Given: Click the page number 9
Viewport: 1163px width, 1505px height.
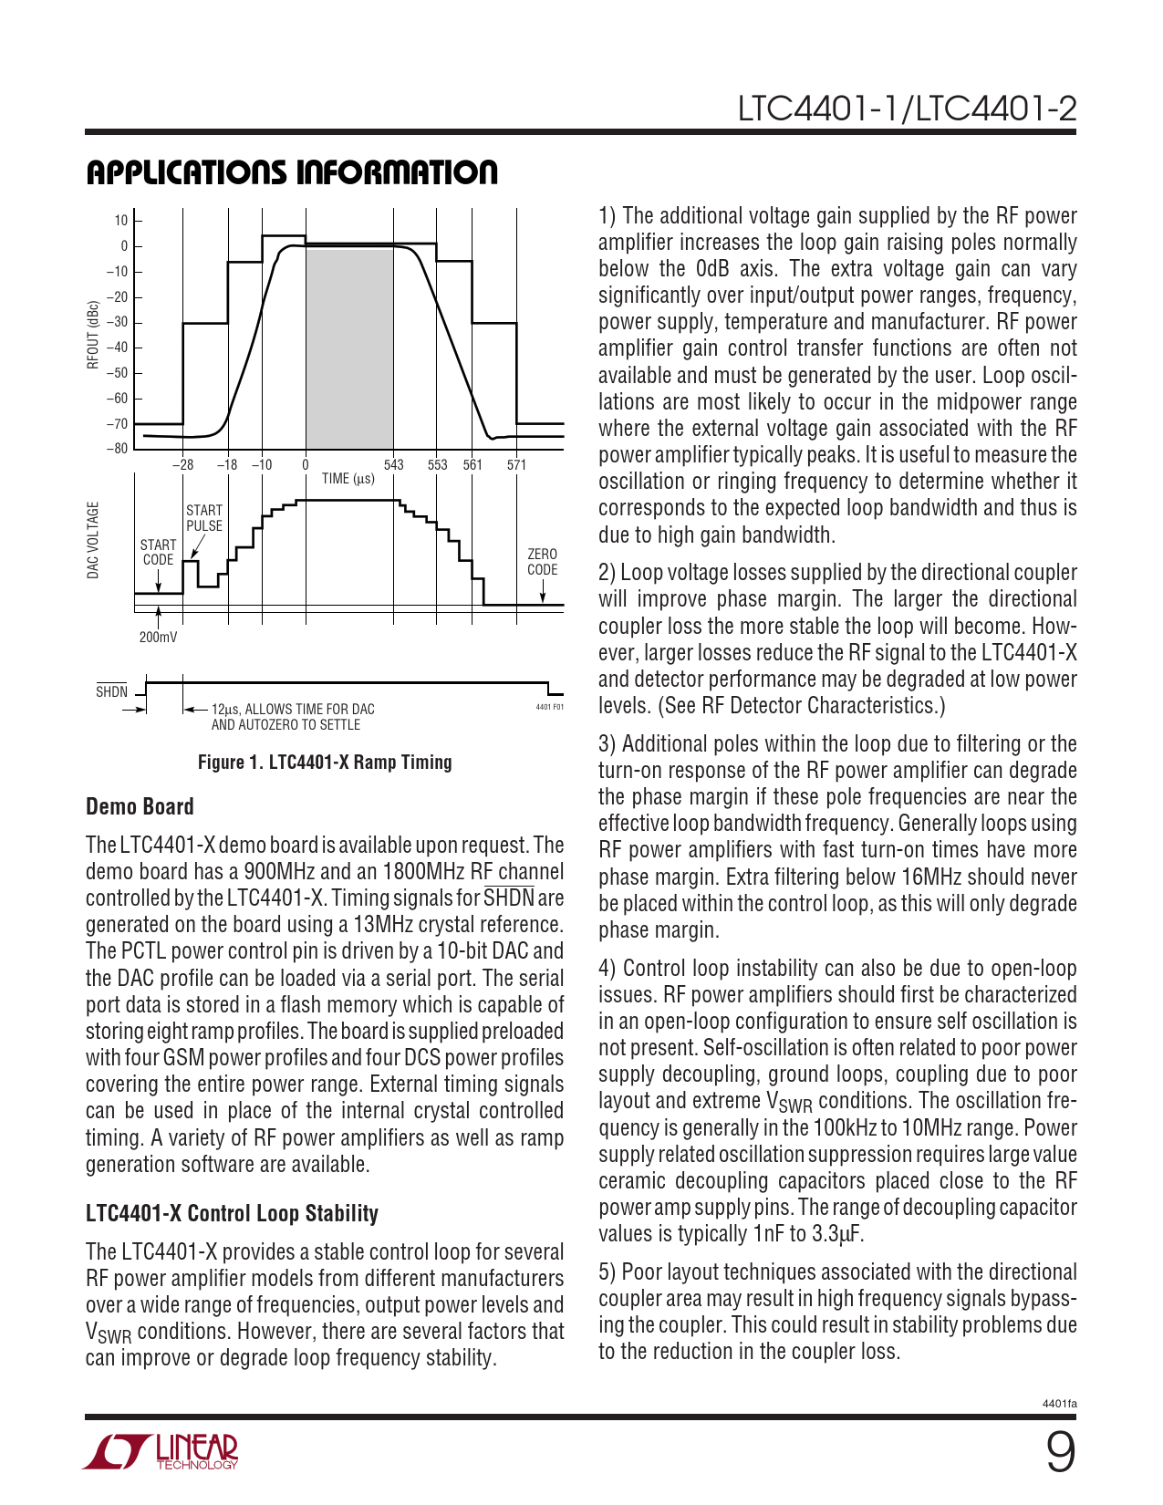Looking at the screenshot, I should pos(1060,1453).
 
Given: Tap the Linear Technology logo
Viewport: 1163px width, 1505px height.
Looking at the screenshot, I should pos(161,1451).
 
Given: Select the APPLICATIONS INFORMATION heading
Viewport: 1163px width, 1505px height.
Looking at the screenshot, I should pos(292,172).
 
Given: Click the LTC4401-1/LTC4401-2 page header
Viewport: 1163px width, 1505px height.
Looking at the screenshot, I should pos(907,109).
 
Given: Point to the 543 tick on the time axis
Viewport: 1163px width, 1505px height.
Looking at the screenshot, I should pos(393,464).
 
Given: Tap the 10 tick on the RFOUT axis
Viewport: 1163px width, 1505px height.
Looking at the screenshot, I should pos(121,221).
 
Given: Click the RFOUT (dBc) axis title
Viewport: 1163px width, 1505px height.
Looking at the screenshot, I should pos(93,335).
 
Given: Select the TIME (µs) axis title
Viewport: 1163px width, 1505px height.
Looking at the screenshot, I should pos(348,479).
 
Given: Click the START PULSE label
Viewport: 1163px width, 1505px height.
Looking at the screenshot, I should pos(204,518).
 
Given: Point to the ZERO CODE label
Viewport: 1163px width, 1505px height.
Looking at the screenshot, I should pos(542,562).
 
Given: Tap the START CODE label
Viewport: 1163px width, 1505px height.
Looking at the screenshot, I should pos(158,552).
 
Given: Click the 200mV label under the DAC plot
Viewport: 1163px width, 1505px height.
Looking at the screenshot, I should pos(158,637).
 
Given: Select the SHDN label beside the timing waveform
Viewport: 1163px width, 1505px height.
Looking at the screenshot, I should pos(112,691).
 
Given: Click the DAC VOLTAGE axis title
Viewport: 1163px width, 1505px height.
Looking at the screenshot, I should pos(93,540).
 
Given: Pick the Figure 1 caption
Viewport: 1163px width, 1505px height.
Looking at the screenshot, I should pos(325,762).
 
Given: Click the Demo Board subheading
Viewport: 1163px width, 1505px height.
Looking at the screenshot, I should pos(140,806).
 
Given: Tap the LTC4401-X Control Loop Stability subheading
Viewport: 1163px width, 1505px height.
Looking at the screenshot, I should pos(232,1213).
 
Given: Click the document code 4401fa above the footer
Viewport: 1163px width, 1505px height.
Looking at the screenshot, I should pos(1059,1403).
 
